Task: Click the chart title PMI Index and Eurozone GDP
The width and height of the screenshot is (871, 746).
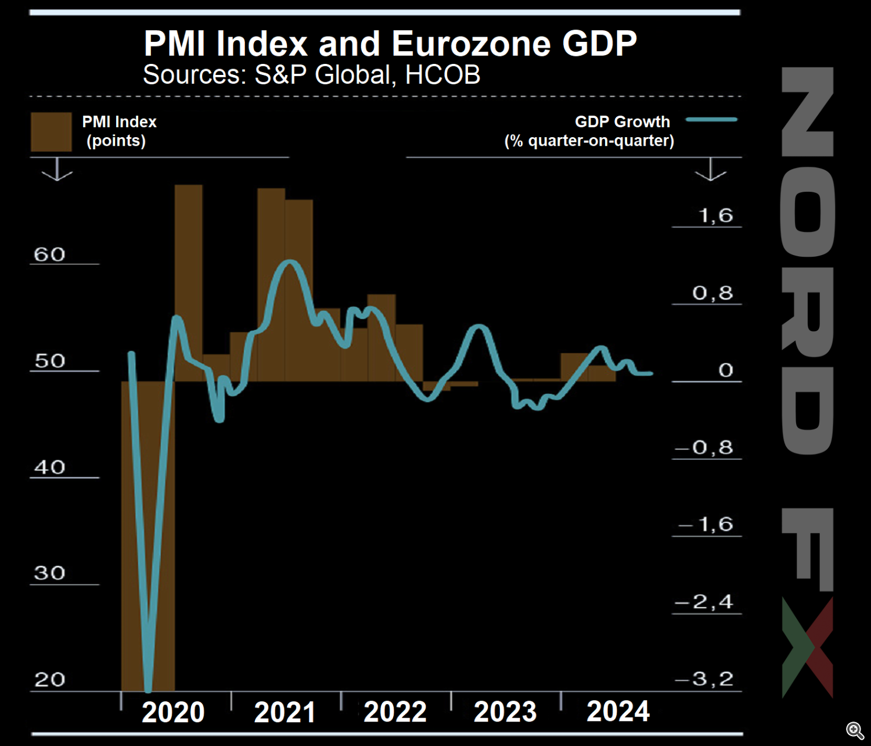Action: (390, 44)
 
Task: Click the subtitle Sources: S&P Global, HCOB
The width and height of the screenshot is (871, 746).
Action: (312, 75)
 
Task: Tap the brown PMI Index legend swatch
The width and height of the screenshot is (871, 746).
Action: (51, 132)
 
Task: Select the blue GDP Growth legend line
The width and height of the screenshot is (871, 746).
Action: (711, 120)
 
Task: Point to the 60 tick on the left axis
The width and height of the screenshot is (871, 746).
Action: (49, 254)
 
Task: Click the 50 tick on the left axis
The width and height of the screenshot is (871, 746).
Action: (49, 361)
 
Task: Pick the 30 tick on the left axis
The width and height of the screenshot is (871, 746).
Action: (49, 573)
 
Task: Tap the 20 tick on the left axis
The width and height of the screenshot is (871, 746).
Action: (49, 680)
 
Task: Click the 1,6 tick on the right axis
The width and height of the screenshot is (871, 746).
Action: (716, 216)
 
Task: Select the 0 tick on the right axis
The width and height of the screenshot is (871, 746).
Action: (725, 371)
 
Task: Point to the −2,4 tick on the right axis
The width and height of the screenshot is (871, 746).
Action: (704, 602)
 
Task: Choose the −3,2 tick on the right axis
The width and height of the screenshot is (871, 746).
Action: (704, 679)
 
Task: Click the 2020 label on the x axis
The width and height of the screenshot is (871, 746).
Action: (173, 712)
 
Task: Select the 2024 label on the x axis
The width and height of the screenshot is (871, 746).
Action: (618, 712)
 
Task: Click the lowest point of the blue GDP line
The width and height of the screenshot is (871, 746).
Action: (148, 689)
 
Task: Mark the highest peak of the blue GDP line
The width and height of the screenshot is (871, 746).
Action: (290, 263)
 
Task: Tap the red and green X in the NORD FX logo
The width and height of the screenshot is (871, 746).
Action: (808, 647)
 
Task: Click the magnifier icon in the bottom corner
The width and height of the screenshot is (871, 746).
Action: (855, 730)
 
